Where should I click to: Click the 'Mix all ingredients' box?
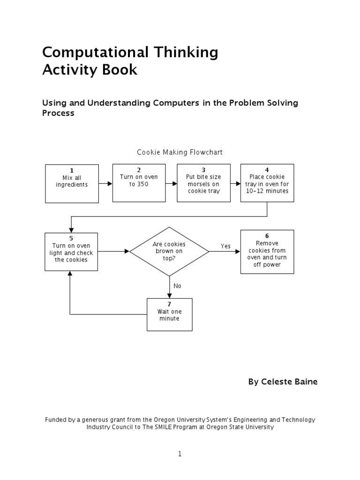coord(72,183)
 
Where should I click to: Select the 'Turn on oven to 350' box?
coord(139,183)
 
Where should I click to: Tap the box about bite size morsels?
coord(203,183)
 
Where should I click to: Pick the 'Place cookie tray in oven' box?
coord(267,183)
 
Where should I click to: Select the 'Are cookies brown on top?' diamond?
coord(169,251)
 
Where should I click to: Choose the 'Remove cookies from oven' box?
coord(267,251)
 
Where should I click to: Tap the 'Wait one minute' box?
coord(169,315)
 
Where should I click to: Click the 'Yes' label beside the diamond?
coord(226,246)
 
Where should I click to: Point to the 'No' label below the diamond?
coord(177,285)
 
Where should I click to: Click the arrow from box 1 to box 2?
coord(105,183)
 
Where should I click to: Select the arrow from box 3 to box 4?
coord(235,183)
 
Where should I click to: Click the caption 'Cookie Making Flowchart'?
coord(180,152)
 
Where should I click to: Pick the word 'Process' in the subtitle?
coord(59,113)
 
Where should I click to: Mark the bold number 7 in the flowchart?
coord(169,304)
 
